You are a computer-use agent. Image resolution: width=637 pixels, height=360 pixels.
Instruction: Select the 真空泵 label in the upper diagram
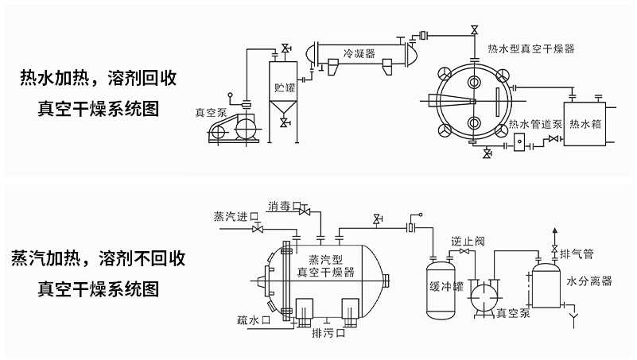coord(211,113)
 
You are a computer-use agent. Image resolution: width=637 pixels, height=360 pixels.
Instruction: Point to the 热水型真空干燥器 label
coord(531,48)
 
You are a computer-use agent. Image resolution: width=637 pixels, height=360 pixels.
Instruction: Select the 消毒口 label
coord(283,204)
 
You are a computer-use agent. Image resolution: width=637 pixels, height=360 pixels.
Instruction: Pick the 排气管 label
coord(577,254)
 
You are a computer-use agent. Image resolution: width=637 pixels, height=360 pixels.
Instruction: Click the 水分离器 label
coord(589,281)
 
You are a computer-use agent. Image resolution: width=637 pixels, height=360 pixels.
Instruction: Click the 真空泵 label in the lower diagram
coord(513,313)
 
